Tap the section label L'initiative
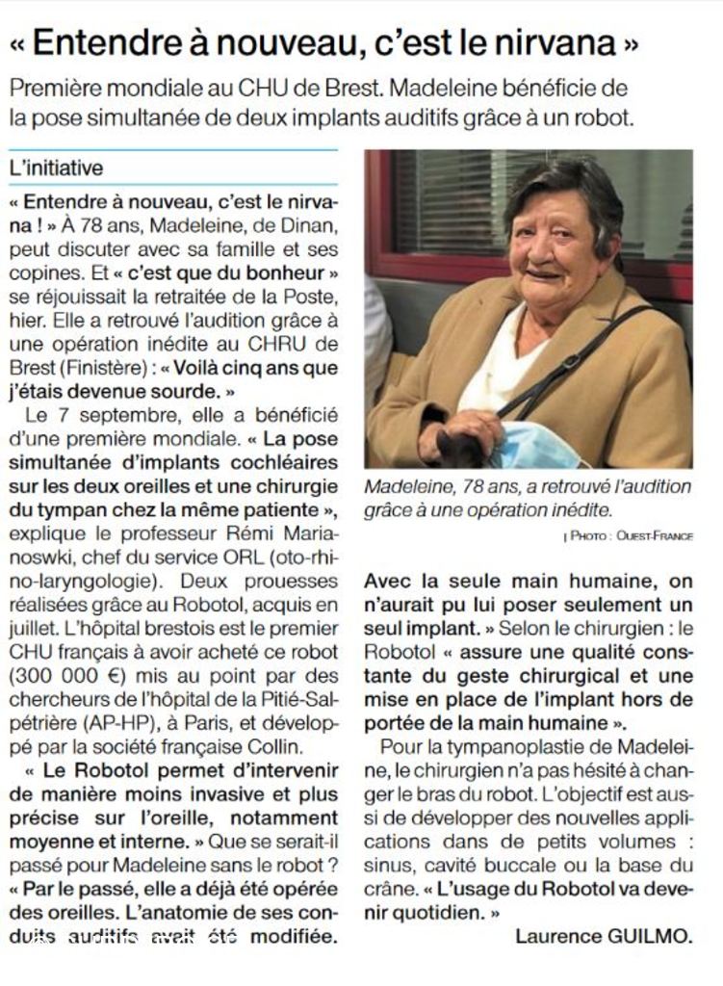[x=55, y=168]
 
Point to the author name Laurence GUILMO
[x=604, y=935]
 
